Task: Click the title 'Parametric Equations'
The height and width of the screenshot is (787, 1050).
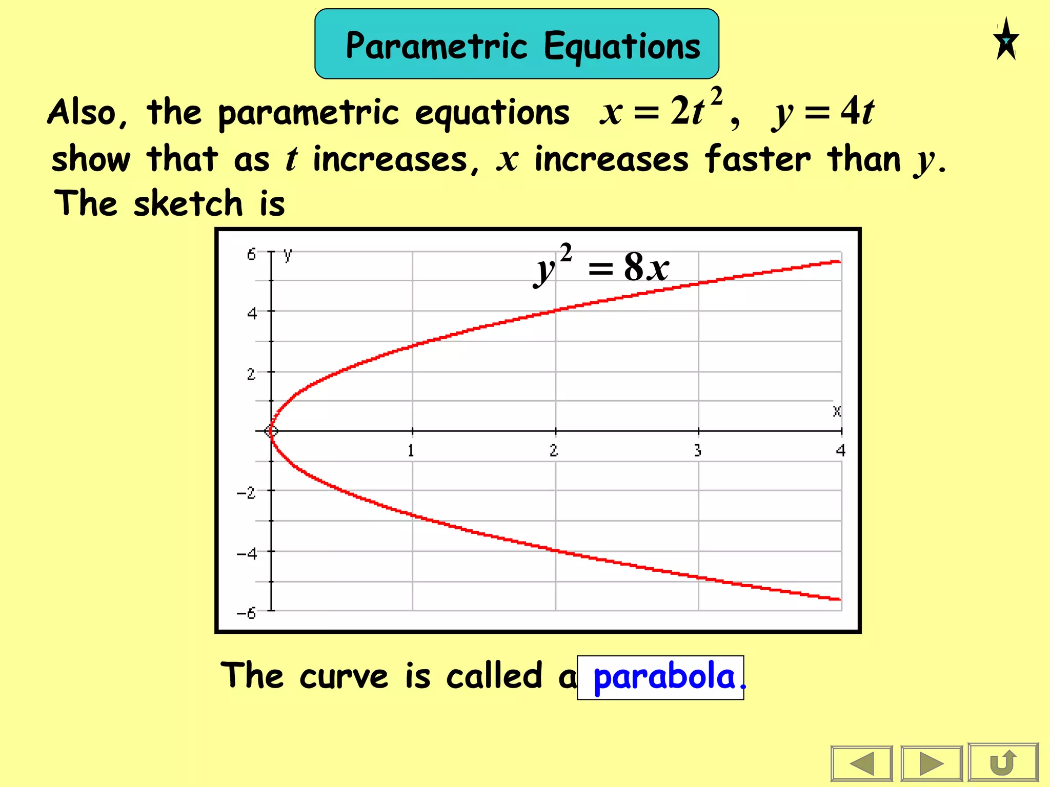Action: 522,46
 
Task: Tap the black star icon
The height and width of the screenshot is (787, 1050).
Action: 1006,39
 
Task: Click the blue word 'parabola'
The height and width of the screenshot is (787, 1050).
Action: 664,676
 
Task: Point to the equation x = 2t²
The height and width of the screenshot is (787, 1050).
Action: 661,110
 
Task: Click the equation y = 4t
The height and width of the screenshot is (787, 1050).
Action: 823,112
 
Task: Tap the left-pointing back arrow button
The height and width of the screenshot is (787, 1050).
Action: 862,763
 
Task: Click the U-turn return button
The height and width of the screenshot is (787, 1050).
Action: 1003,763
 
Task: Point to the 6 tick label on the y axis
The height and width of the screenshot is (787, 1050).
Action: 251,255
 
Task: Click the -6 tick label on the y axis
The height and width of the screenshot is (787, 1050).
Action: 246,613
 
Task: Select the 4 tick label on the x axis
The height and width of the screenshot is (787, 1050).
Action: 840,451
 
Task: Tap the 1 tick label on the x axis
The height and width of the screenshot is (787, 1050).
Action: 411,451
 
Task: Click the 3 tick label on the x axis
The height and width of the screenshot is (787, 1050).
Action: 698,451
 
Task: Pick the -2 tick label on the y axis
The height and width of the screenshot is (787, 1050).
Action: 246,493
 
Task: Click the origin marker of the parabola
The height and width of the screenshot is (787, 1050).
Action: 271,431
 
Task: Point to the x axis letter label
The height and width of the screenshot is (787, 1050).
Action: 837,411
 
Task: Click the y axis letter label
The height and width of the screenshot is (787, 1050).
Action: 288,254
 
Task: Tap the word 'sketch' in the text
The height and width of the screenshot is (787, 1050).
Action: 188,203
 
